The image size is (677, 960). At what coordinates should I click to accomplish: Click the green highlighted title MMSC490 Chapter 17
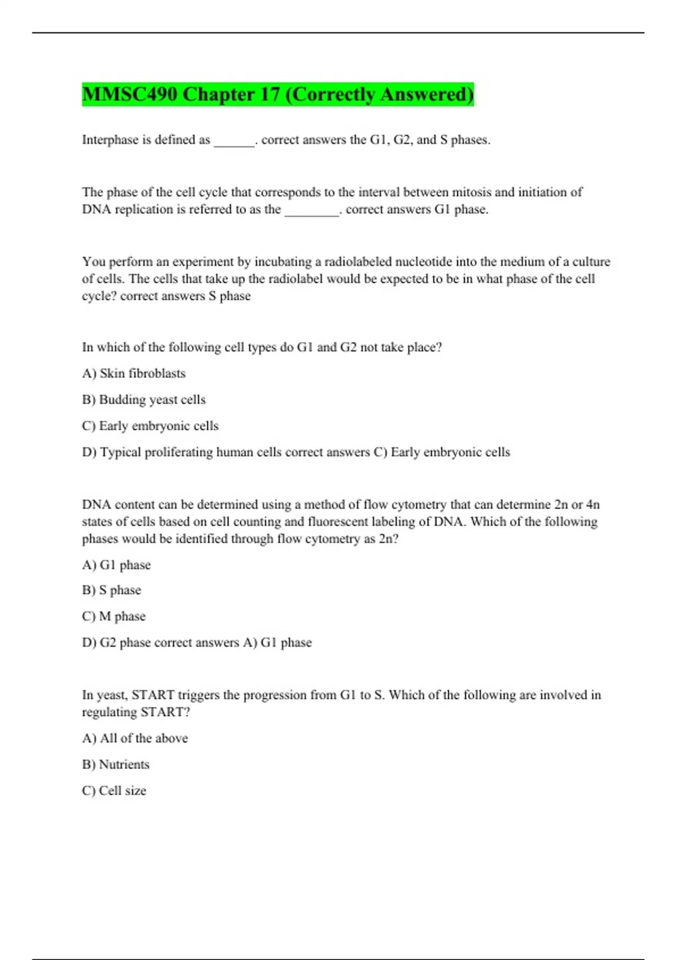pyautogui.click(x=278, y=94)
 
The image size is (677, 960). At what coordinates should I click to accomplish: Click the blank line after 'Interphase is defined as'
pyautogui.click(x=234, y=141)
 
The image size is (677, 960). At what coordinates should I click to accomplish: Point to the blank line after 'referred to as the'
pyautogui.click(x=311, y=211)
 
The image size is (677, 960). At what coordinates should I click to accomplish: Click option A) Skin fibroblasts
pyautogui.click(x=134, y=373)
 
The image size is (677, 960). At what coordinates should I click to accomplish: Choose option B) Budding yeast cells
pyautogui.click(x=144, y=399)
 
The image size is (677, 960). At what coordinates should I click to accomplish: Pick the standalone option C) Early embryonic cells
pyautogui.click(x=150, y=426)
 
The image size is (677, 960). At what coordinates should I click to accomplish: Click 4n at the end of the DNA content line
pyautogui.click(x=592, y=504)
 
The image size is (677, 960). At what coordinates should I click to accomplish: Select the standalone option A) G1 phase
pyautogui.click(x=116, y=565)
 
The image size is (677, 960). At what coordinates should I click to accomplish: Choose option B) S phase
pyautogui.click(x=112, y=590)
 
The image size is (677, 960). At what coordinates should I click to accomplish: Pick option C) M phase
pyautogui.click(x=114, y=616)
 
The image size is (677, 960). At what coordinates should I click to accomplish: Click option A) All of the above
pyautogui.click(x=135, y=738)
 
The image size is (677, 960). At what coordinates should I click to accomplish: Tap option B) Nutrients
pyautogui.click(x=116, y=764)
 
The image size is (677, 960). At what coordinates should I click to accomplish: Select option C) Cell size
pyautogui.click(x=114, y=791)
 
